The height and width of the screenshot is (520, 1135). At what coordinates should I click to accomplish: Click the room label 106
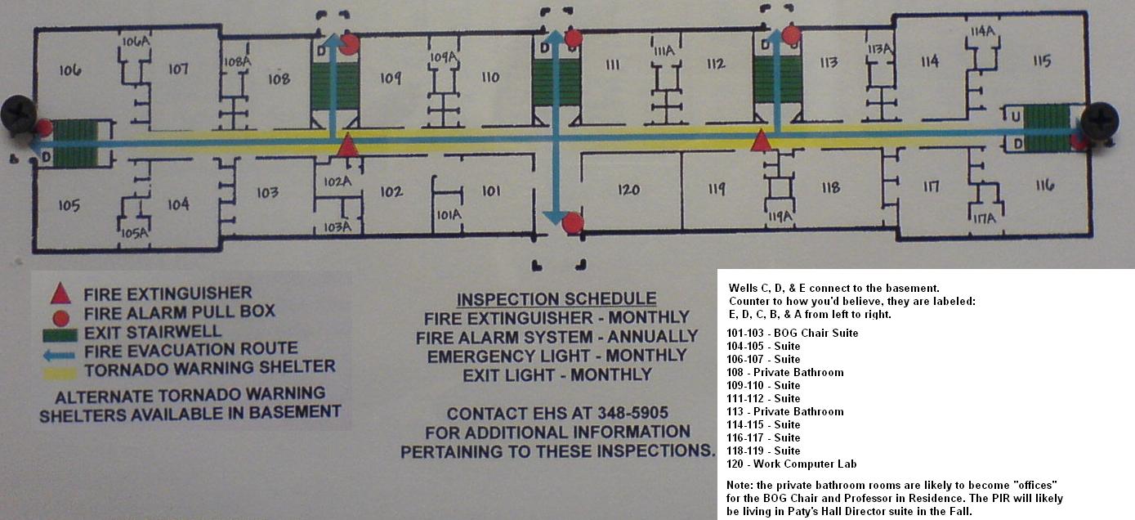[x=70, y=70]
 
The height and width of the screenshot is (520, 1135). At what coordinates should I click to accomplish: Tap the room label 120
[x=628, y=190]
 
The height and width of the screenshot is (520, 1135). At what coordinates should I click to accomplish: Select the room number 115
[x=1042, y=61]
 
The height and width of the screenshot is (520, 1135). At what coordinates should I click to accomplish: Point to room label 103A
[x=337, y=227]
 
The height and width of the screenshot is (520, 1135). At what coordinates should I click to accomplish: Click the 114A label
[x=982, y=31]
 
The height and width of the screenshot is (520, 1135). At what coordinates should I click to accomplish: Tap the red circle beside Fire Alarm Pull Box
[x=60, y=318]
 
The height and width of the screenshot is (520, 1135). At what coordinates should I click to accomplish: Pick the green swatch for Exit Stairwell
[x=60, y=335]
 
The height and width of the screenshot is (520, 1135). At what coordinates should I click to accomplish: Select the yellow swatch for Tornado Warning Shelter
[x=60, y=374]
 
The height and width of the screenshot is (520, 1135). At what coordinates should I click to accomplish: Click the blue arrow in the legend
[x=60, y=355]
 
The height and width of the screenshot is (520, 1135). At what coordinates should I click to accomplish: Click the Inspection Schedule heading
[x=556, y=299]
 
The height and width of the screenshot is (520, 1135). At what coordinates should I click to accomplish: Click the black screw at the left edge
[x=19, y=114]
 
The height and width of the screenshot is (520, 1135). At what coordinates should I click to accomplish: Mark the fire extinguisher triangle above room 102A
[x=347, y=145]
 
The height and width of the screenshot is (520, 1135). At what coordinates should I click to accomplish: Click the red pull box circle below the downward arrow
[x=573, y=223]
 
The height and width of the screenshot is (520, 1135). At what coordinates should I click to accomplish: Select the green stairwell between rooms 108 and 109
[x=335, y=86]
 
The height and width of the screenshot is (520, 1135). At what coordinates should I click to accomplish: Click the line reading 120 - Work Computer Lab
[x=791, y=464]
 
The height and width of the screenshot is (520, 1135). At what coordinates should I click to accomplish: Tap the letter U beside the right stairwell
[x=1015, y=117]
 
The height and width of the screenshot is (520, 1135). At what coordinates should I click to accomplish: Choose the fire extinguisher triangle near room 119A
[x=761, y=141]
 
